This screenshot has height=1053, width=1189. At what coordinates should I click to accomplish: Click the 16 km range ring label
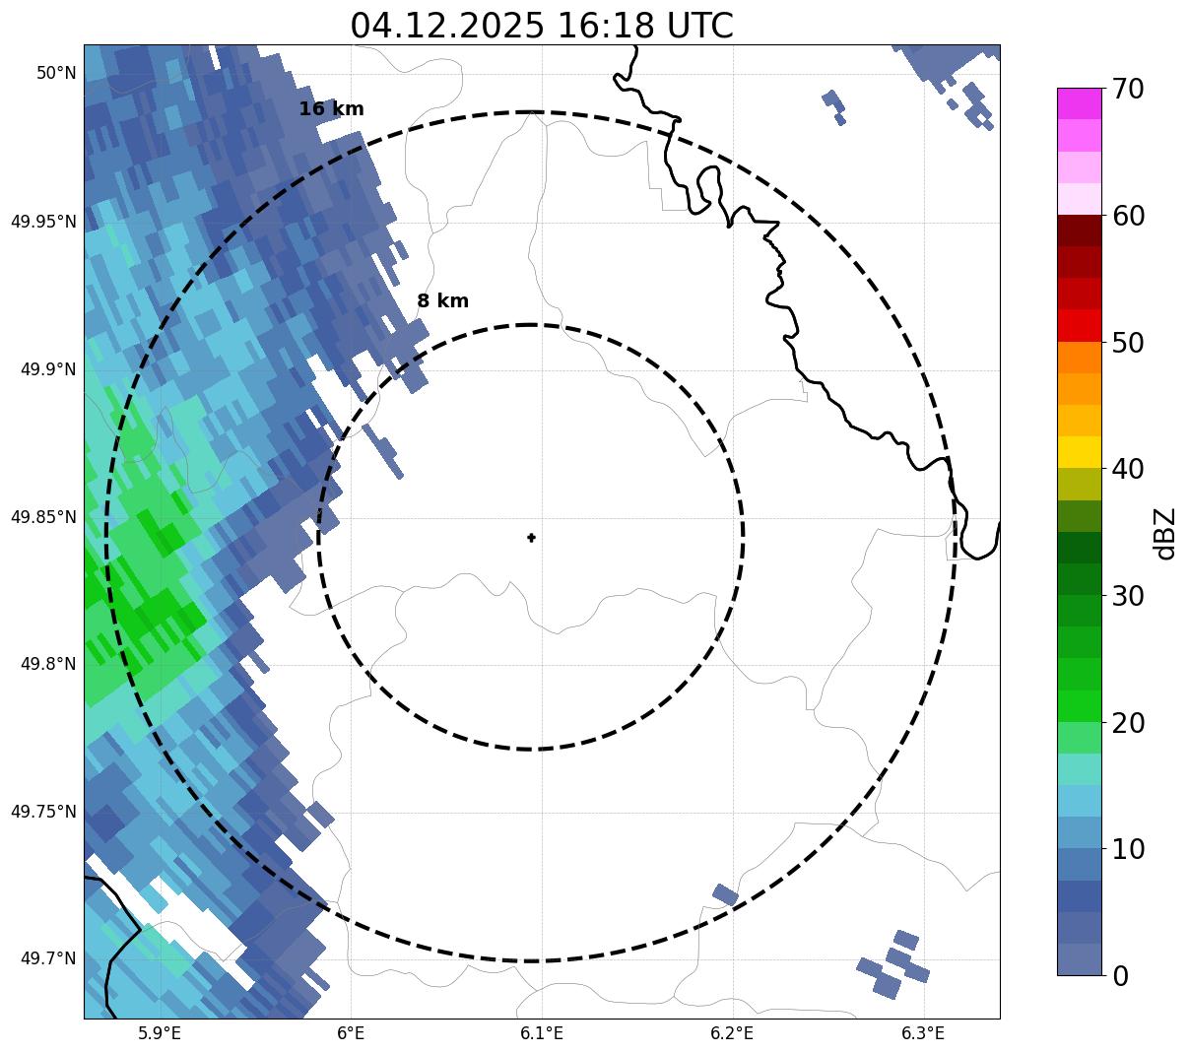331,109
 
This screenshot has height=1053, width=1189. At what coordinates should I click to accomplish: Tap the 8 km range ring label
442,301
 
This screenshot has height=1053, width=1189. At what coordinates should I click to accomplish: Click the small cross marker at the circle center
531,537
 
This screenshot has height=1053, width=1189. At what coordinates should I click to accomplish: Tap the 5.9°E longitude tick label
160,1033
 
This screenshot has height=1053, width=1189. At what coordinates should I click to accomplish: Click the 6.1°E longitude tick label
541,1033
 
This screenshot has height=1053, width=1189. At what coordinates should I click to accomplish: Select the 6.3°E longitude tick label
923,1033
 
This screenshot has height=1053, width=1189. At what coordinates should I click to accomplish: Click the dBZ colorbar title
1165,533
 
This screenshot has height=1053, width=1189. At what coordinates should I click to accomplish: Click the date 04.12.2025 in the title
446,27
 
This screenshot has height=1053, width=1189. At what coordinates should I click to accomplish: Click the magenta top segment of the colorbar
1079,103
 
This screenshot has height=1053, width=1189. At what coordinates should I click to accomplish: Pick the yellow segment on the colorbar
1079,452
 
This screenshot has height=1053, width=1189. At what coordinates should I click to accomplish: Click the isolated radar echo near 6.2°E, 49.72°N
725,894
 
